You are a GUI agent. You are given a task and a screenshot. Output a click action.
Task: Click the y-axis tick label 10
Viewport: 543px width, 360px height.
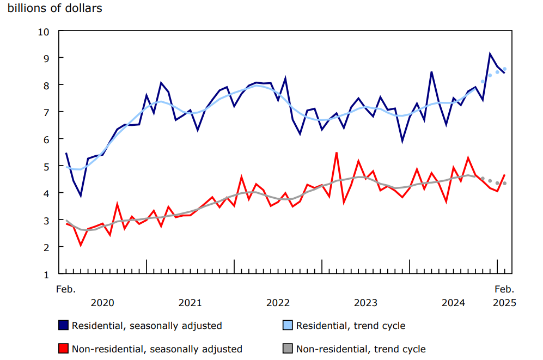pos(43,32)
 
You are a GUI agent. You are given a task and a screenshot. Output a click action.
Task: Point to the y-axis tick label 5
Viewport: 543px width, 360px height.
pos(46,166)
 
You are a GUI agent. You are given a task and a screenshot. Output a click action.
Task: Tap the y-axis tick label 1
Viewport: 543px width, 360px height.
pos(46,274)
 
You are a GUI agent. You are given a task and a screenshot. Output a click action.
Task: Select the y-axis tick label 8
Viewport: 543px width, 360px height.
pos(46,85)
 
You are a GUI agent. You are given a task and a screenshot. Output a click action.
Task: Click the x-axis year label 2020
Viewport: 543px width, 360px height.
pos(102,302)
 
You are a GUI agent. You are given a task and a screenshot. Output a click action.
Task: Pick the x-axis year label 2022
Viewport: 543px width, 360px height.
pos(278,302)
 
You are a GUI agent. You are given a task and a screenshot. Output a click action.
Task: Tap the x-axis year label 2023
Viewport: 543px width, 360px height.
pos(365,302)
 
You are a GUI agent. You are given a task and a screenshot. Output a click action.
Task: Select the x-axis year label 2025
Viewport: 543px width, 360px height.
pos(504,302)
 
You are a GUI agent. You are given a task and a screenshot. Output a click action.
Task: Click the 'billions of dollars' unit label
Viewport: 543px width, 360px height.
pos(54,8)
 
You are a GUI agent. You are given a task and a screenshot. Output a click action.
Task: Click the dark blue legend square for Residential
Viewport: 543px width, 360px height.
pos(63,326)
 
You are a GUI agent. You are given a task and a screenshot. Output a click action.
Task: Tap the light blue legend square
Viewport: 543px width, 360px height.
pos(288,326)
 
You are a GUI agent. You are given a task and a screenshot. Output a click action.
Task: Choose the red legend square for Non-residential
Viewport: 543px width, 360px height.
pos(63,349)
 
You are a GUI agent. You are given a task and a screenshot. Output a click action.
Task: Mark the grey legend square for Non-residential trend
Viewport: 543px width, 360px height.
pos(288,349)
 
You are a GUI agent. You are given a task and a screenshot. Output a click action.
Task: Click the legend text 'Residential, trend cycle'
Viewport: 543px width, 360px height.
pos(351,326)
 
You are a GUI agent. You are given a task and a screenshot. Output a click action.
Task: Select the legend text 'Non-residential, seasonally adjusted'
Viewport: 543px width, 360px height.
pos(157,349)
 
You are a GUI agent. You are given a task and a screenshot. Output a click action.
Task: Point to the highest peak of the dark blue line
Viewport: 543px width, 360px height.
pos(490,54)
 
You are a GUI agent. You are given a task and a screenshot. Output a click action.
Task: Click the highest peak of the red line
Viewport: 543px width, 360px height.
pos(337,153)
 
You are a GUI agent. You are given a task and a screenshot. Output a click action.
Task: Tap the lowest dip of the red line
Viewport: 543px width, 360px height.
pos(81,245)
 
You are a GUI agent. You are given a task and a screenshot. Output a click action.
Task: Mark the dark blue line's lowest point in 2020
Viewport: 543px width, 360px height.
pos(81,196)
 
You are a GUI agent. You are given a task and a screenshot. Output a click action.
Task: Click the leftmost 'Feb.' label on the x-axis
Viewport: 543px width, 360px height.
pos(66,289)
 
